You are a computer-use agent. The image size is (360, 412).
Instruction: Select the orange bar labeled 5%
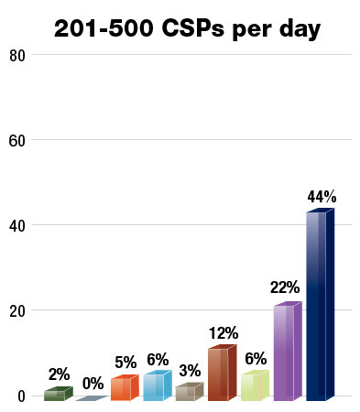point(122,388)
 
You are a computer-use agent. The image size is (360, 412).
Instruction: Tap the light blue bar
point(155,386)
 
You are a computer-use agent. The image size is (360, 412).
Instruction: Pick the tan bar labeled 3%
point(187,392)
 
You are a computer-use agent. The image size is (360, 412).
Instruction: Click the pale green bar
point(252,386)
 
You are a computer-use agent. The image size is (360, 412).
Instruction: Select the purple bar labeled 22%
point(285,352)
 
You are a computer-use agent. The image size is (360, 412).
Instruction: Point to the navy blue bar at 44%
point(318,307)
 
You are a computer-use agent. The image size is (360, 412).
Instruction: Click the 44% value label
point(322,197)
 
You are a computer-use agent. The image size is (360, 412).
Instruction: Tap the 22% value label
point(285,287)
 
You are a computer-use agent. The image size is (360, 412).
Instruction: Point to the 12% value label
point(223,333)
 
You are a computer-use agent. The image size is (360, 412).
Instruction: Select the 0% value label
point(93,384)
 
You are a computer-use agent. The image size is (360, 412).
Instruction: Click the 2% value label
point(60,374)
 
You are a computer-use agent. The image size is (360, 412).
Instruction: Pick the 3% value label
point(190,371)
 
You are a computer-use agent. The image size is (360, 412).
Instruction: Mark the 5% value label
point(125,362)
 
